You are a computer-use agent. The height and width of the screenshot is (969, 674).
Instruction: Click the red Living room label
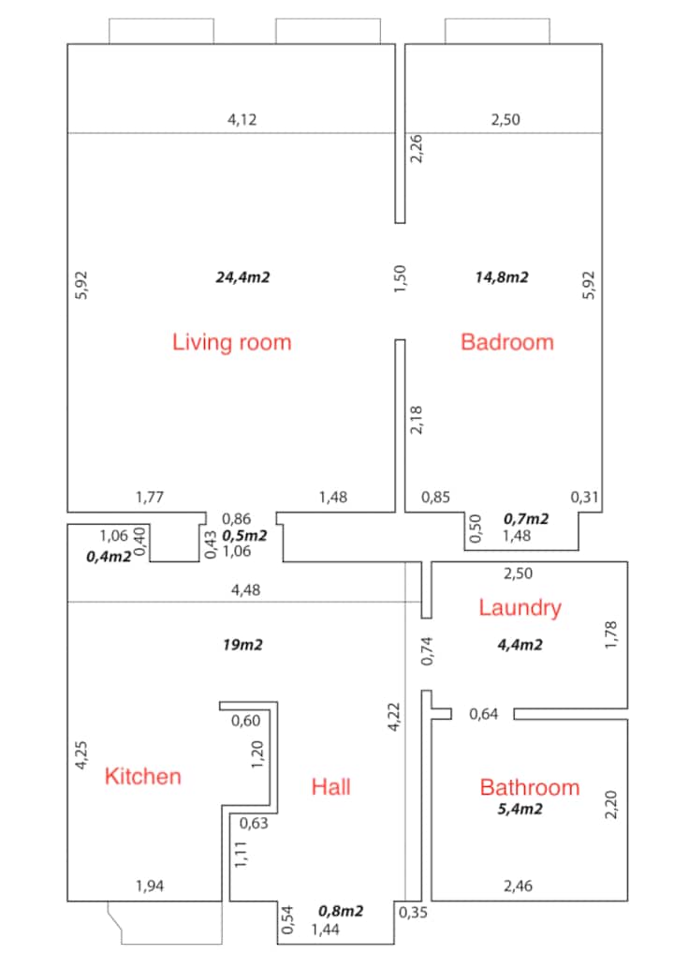(231, 342)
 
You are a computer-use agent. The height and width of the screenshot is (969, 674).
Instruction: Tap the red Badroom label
(507, 342)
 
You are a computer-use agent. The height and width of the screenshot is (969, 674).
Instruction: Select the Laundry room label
(520, 608)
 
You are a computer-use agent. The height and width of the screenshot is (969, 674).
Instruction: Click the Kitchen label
(142, 776)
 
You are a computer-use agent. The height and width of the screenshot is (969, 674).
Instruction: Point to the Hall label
(330, 786)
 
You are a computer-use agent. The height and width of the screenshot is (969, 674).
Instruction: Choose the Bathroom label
(530, 787)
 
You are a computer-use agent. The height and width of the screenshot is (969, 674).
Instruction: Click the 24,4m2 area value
(242, 277)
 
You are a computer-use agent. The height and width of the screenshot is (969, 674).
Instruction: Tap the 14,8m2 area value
(502, 277)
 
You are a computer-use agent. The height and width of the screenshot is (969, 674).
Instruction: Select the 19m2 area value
(242, 645)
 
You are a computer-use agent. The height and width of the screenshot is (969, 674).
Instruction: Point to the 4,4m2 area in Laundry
(520, 645)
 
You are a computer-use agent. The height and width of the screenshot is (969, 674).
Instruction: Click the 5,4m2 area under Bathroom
(520, 809)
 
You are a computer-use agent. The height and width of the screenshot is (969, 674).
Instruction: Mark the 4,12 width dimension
(242, 120)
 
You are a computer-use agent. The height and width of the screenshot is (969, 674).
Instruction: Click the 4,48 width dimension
(245, 590)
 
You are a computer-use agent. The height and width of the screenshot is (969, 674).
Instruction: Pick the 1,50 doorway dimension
(400, 279)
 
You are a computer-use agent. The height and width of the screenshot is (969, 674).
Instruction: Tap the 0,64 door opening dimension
(483, 714)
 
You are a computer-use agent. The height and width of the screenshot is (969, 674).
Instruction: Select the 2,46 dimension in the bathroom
(518, 887)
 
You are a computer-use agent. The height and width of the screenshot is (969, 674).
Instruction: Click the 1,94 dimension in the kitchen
(150, 887)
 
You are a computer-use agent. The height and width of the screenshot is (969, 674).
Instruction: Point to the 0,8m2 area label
(341, 911)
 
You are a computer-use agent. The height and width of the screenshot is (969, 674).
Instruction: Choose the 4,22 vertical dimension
(394, 717)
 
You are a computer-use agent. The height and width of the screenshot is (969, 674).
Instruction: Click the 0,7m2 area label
(526, 519)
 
